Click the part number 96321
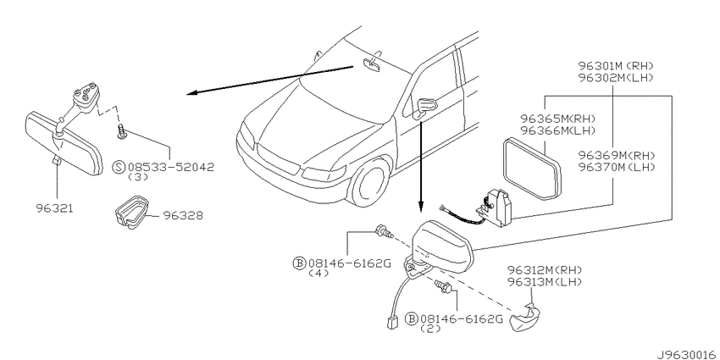tap(55, 208)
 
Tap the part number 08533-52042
tap(171, 167)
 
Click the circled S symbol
tap(119, 167)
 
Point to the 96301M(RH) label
tap(616, 66)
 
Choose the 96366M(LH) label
tap(557, 130)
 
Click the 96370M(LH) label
tap(617, 167)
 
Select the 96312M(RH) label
tap(545, 269)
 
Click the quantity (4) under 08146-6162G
tap(318, 274)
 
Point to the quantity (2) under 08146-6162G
tap(430, 329)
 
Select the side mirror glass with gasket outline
tap(531, 169)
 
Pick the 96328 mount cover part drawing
tap(130, 212)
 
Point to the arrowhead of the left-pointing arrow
tap(193, 93)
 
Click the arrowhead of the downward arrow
tap(420, 209)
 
